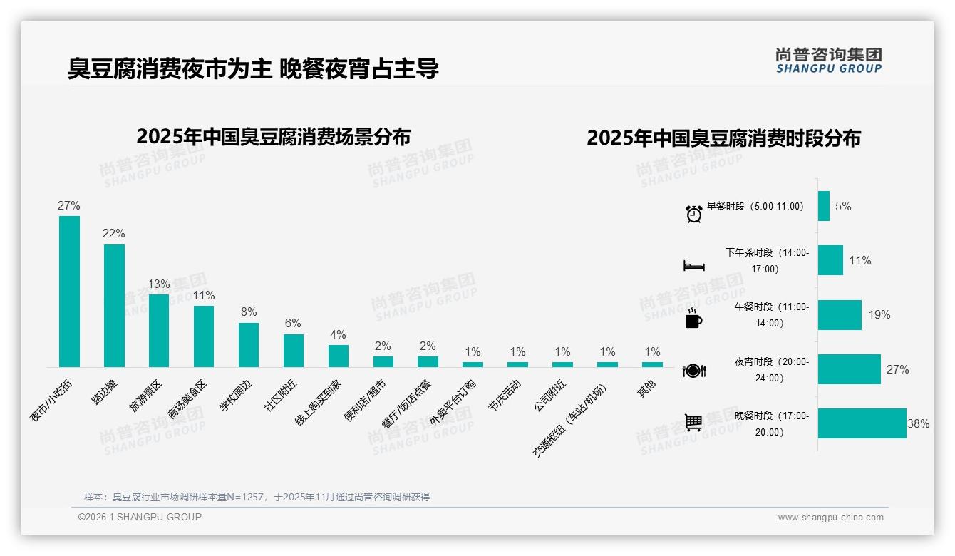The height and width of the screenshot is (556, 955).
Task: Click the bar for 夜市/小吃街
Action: click(x=69, y=292)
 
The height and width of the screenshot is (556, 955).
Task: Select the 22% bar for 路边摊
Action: click(x=114, y=306)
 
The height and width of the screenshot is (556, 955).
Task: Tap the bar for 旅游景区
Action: click(x=159, y=331)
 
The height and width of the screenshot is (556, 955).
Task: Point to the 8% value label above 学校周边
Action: click(x=249, y=312)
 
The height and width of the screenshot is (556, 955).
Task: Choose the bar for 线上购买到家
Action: click(x=339, y=356)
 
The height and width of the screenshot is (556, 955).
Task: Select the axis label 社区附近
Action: click(x=281, y=396)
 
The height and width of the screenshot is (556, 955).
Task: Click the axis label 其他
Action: click(x=647, y=389)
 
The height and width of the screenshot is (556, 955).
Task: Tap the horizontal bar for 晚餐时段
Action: click(x=862, y=423)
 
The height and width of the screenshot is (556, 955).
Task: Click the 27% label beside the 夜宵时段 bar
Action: click(x=897, y=370)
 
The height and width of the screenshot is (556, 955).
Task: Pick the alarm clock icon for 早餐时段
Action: click(x=693, y=213)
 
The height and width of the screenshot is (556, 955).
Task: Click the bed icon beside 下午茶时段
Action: click(x=693, y=266)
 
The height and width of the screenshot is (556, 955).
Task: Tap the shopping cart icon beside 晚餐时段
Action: click(x=693, y=423)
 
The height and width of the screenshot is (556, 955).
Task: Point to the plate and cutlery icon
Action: click(x=693, y=371)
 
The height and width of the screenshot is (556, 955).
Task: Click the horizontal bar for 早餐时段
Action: click(x=824, y=206)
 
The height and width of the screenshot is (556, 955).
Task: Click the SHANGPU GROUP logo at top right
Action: click(x=828, y=61)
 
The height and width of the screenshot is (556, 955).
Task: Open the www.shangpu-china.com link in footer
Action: click(x=830, y=518)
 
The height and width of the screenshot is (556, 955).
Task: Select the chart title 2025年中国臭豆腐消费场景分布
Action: click(x=273, y=136)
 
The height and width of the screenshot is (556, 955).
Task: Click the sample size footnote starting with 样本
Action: click(x=257, y=497)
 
